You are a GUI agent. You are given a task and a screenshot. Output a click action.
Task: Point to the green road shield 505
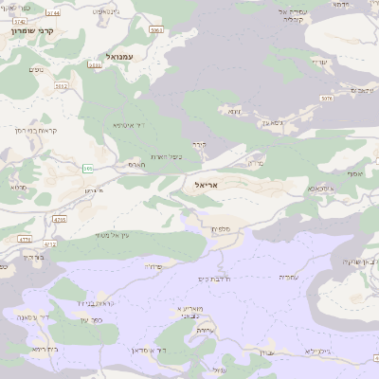pos(88,169)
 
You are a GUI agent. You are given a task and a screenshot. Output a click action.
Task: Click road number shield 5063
pos(156,30)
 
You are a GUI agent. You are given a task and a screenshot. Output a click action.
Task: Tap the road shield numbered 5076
pos(327,97)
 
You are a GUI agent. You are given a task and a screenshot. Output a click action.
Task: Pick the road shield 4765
pos(60,219)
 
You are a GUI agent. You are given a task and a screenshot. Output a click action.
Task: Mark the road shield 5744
pos(52,13)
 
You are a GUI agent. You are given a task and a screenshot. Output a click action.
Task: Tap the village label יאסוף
pos(354,173)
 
